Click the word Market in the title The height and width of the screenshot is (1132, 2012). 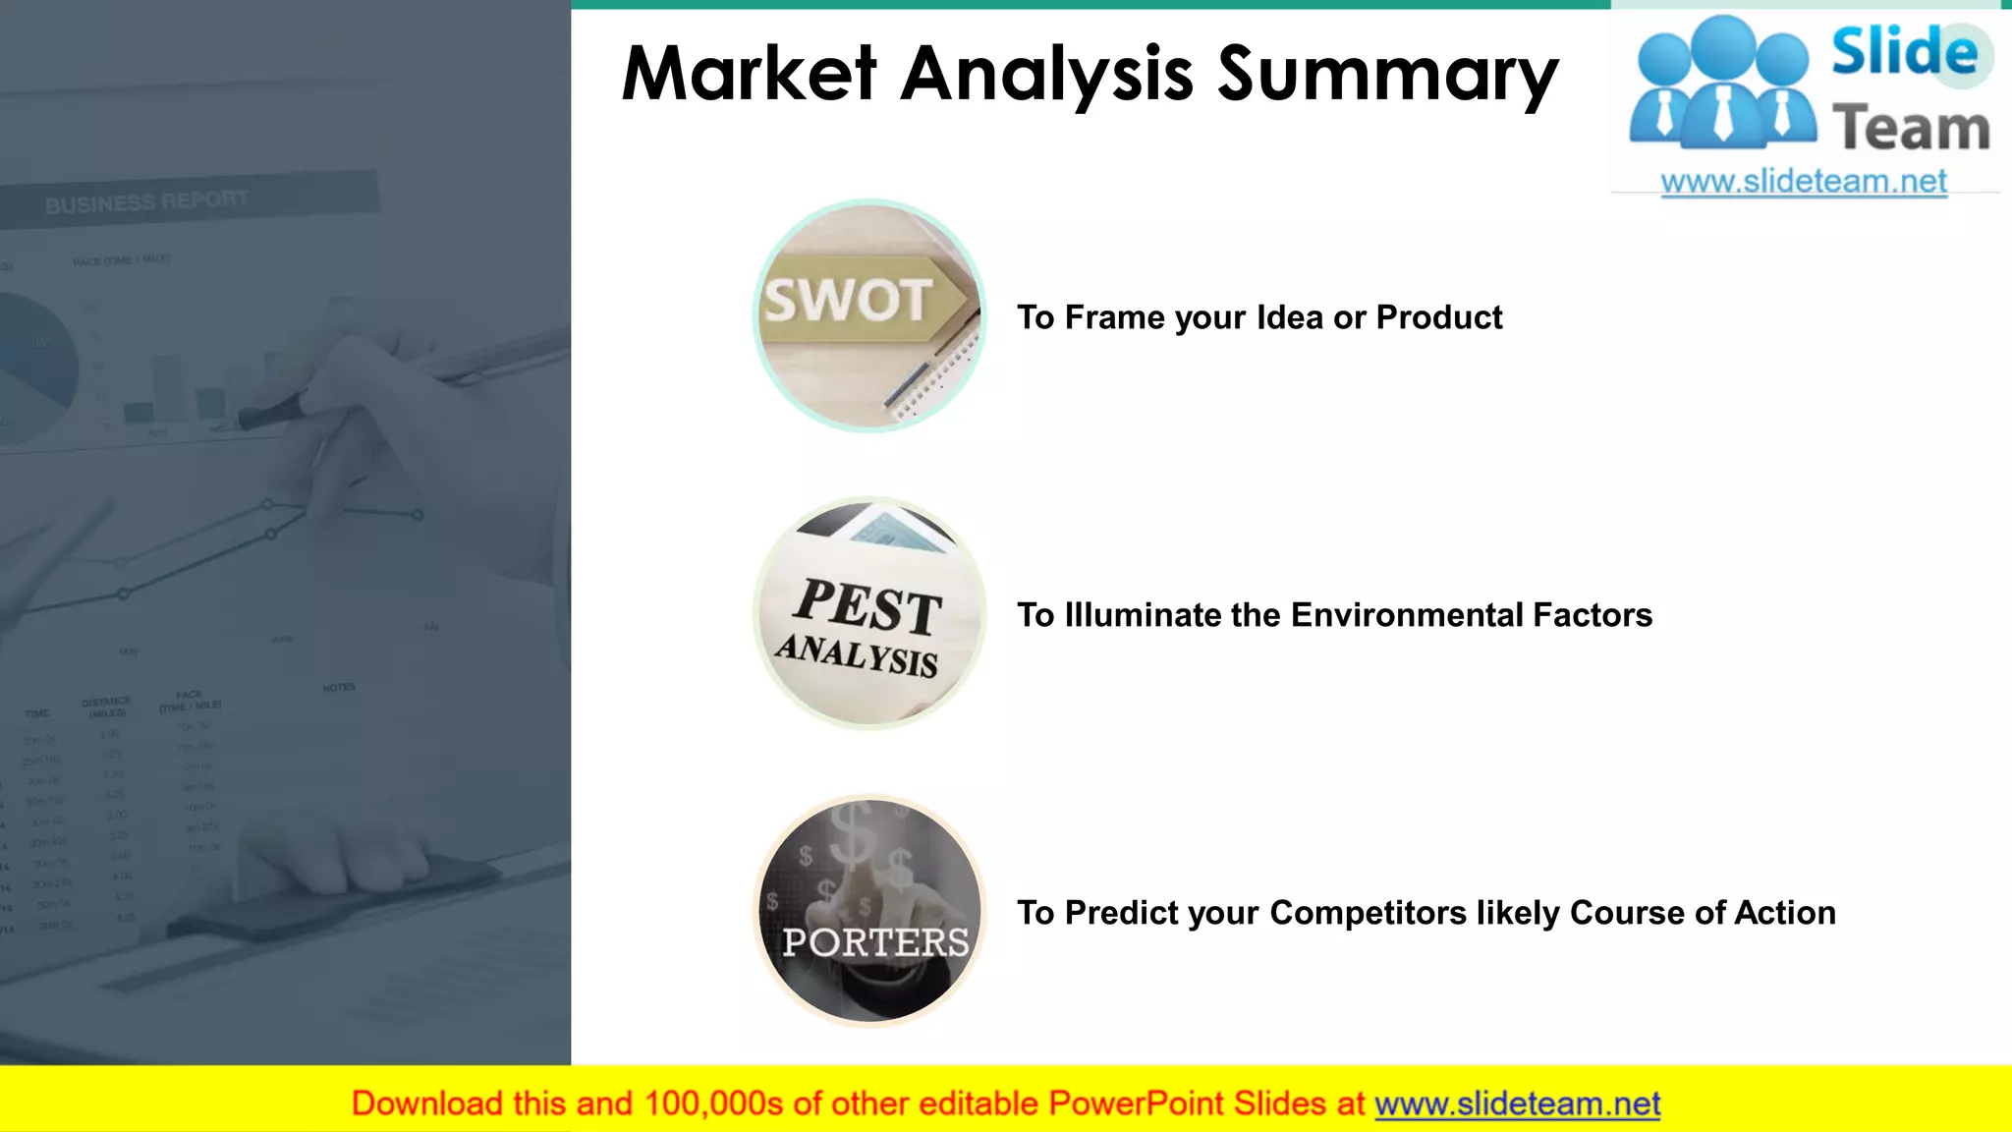pos(749,75)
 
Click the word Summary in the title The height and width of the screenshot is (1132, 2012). pos(1387,77)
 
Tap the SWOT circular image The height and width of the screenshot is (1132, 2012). pos(869,316)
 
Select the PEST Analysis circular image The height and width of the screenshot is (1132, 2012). pos(869,614)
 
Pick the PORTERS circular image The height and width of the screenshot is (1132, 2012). pos(869,911)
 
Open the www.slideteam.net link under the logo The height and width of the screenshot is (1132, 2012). pos(1804,182)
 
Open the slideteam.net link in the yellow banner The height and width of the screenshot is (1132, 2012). pos(1517,1104)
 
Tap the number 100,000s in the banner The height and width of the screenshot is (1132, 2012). pos(713,1104)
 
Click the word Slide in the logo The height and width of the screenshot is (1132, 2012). pos(1904,51)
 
